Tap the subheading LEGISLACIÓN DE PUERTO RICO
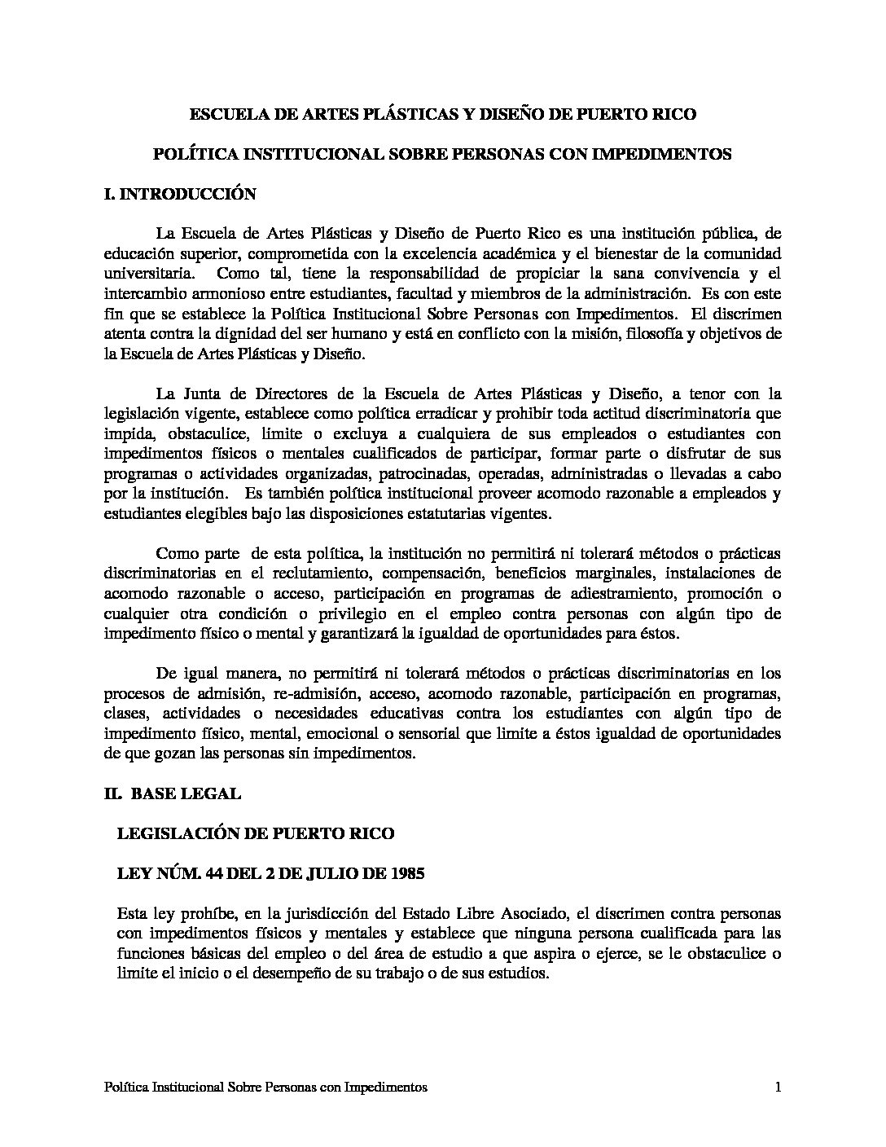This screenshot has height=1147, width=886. (x=256, y=833)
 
